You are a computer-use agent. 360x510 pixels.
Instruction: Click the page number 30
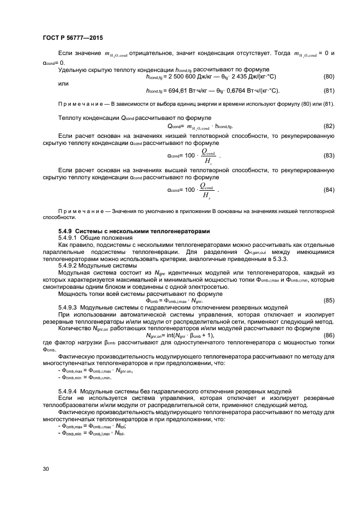pos(46,468)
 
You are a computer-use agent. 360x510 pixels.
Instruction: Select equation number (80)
pos(328,76)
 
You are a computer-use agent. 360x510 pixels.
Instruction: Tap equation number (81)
pos(328,90)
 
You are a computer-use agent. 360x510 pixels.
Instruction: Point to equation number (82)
pos(328,126)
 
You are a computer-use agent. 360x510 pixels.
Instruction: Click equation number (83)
pos(328,155)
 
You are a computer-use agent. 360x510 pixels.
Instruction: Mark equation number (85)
pos(328,300)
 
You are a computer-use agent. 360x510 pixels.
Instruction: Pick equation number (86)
pos(328,336)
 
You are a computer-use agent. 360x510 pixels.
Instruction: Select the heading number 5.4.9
pos(66,231)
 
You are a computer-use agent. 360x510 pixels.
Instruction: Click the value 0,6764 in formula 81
pos(231,90)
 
